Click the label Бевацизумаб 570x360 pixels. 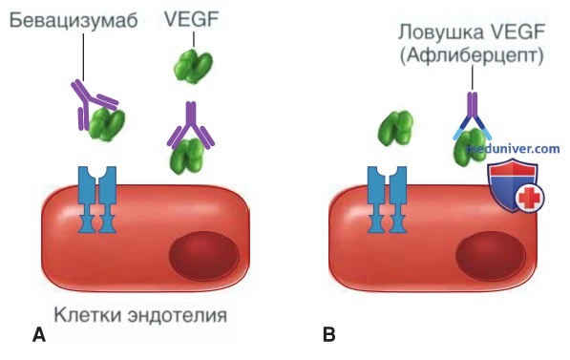(74, 20)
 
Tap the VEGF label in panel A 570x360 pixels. (192, 19)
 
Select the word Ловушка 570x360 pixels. (441, 32)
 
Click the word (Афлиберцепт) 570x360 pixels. (472, 55)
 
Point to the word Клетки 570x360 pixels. (89, 315)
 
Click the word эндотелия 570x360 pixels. (178, 315)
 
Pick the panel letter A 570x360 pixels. (39, 334)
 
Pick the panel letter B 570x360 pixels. (329, 334)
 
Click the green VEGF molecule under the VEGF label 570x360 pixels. (193, 67)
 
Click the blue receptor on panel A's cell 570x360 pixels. (97, 200)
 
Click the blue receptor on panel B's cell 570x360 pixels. (387, 200)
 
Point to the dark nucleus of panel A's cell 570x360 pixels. (204, 255)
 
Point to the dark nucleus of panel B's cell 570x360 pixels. (491, 255)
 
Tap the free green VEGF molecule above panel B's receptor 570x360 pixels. (396, 128)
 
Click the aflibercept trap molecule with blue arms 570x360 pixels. (472, 116)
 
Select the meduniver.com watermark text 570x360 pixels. (514, 149)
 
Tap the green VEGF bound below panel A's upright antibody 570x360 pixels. (187, 157)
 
